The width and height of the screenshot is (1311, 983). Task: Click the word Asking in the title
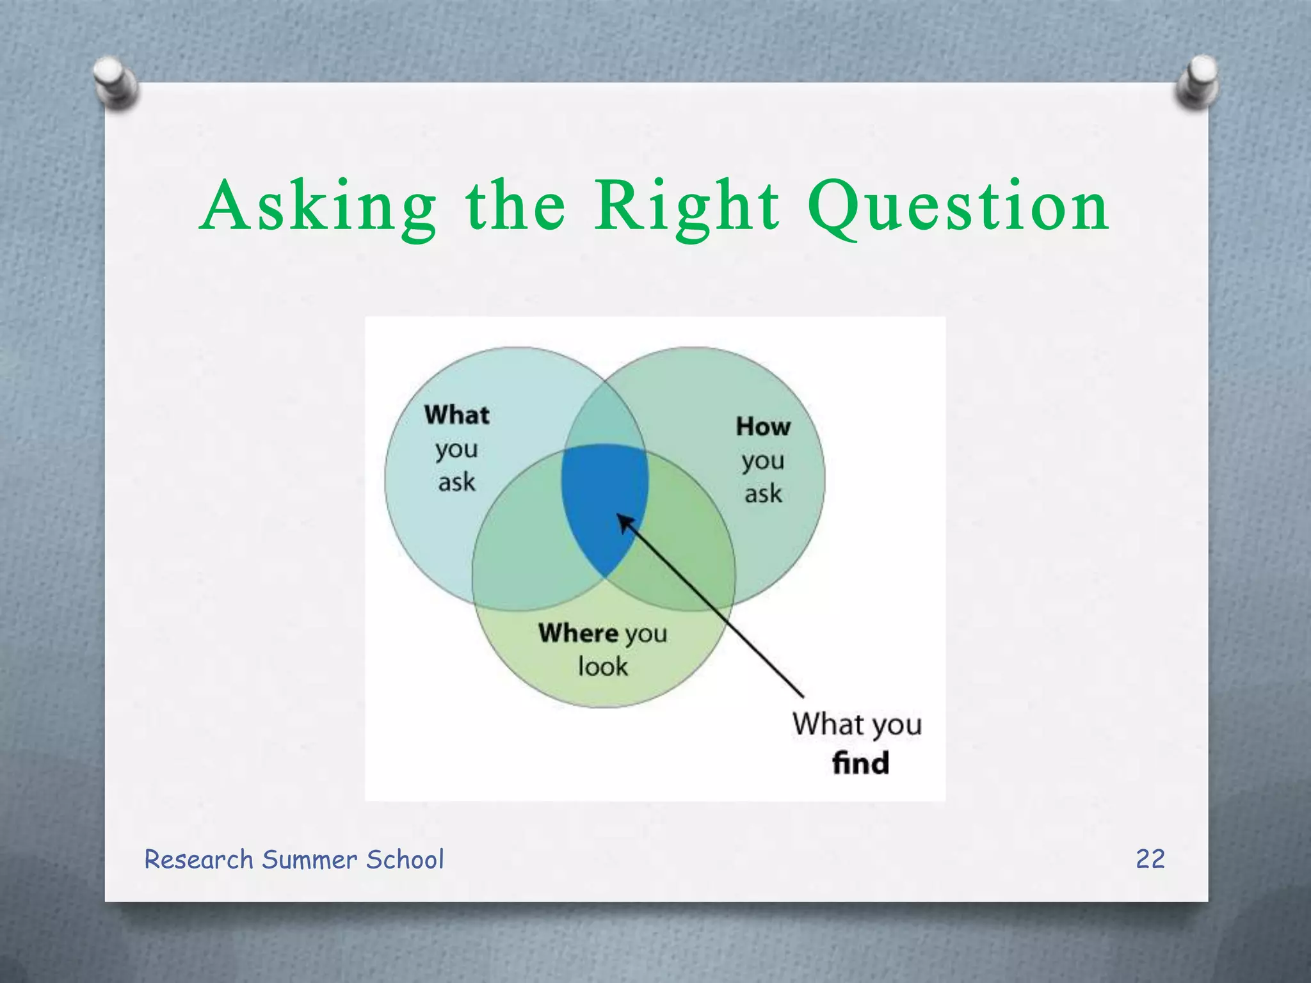318,208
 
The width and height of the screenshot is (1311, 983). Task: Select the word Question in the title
958,208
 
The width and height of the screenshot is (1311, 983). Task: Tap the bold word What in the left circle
456,415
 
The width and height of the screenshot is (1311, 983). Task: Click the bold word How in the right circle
762,427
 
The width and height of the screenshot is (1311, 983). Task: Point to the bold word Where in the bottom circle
578,633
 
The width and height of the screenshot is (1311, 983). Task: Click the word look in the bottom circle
602,667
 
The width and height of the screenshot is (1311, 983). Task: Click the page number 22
1150,859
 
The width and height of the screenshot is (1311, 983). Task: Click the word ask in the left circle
456,482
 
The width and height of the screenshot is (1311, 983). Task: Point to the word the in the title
515,208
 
